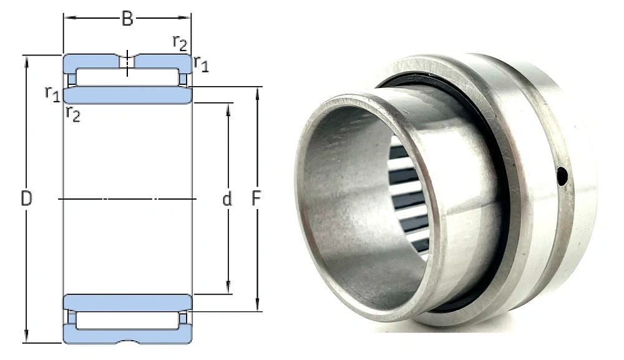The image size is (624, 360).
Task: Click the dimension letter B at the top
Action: [127, 19]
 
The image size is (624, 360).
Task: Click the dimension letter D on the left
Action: [26, 198]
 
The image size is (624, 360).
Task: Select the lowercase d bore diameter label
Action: [227, 198]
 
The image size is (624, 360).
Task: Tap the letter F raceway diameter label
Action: [256, 198]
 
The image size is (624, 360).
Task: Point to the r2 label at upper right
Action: [180, 43]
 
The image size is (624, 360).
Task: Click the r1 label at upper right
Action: [202, 64]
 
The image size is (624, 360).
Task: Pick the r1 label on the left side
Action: [52, 94]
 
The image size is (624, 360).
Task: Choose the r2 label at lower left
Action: [73, 114]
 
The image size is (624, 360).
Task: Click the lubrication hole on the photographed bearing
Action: [562, 177]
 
